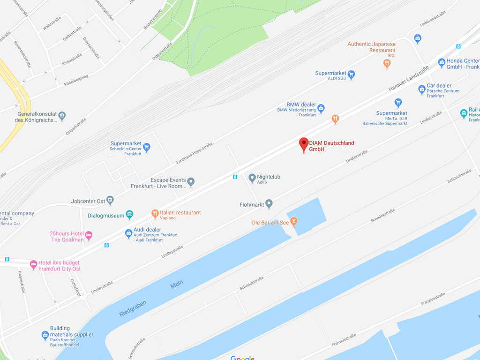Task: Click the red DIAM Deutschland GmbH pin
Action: pos(304,144)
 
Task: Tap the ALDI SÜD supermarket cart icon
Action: pos(351,74)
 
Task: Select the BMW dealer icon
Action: pos(321,109)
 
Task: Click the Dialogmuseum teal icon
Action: pos(130,215)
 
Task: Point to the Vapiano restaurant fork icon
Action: pos(155,214)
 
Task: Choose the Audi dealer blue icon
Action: pos(128,233)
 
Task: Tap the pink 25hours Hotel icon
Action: pos(89,235)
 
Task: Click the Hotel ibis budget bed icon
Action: pos(33,264)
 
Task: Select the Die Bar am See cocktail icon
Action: pos(294,221)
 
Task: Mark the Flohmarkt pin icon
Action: pos(269,203)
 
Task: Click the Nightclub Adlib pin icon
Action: pos(252,178)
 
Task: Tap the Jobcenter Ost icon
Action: pos(110,201)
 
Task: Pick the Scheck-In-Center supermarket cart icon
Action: pos(147,147)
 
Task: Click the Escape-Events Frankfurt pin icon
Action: pos(191,181)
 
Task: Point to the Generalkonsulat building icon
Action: pos(62,115)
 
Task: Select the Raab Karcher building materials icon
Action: pos(45,335)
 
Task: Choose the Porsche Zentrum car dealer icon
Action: pos(422,89)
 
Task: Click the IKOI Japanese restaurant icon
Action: pos(387,63)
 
